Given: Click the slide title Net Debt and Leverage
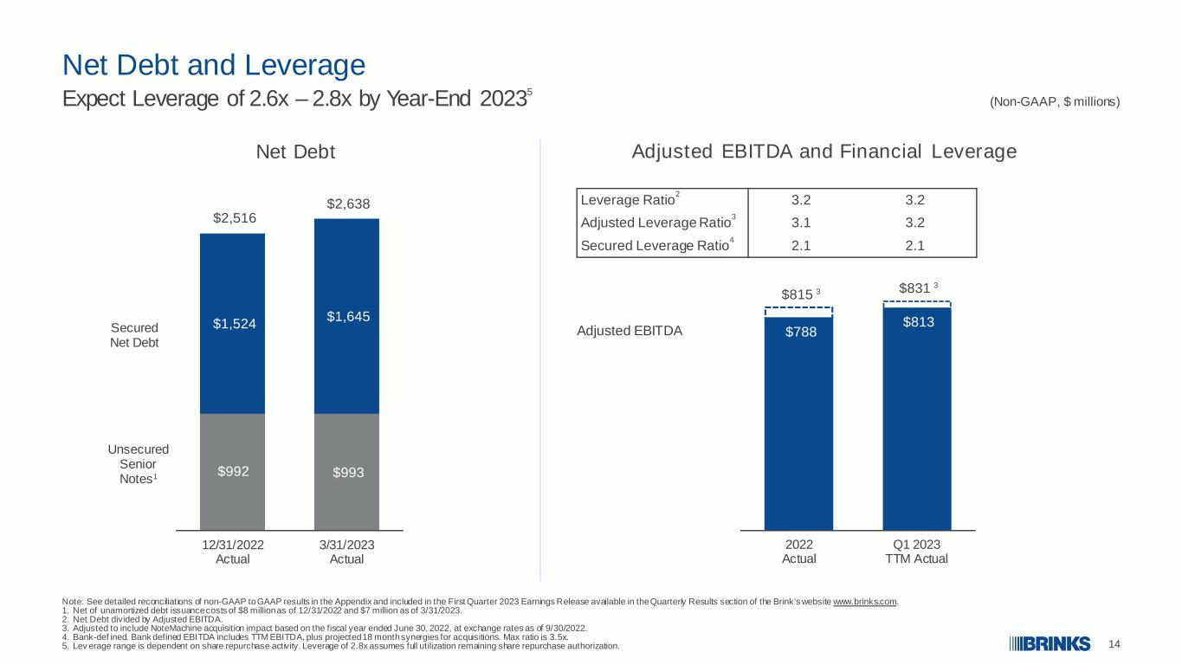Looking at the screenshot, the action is pyautogui.click(x=214, y=66).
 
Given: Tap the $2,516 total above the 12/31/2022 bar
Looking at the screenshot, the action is pyautogui.click(x=235, y=218).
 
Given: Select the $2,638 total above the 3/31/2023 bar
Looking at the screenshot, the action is pyautogui.click(x=348, y=203).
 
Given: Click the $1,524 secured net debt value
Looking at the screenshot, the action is pyautogui.click(x=235, y=324).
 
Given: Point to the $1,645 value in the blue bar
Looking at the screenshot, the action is pyautogui.click(x=348, y=317).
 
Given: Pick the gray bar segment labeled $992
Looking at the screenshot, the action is pyautogui.click(x=232, y=472).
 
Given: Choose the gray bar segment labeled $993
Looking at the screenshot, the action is pyautogui.click(x=346, y=472).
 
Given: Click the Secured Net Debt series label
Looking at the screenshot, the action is pyautogui.click(x=134, y=335).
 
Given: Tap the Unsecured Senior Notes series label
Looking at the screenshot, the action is pyautogui.click(x=138, y=464).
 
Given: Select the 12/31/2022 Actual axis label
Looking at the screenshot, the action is pyautogui.click(x=233, y=552).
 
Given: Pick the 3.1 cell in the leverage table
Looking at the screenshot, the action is pyautogui.click(x=800, y=223).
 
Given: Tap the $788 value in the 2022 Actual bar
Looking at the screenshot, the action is pyautogui.click(x=800, y=332).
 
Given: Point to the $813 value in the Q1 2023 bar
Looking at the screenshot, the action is pyautogui.click(x=918, y=322).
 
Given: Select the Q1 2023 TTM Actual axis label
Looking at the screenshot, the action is pyautogui.click(x=916, y=552).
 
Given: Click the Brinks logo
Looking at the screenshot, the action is pyautogui.click(x=1050, y=644).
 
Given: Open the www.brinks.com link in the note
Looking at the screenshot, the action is pyautogui.click(x=865, y=602).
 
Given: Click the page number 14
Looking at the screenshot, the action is pyautogui.click(x=1114, y=644).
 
